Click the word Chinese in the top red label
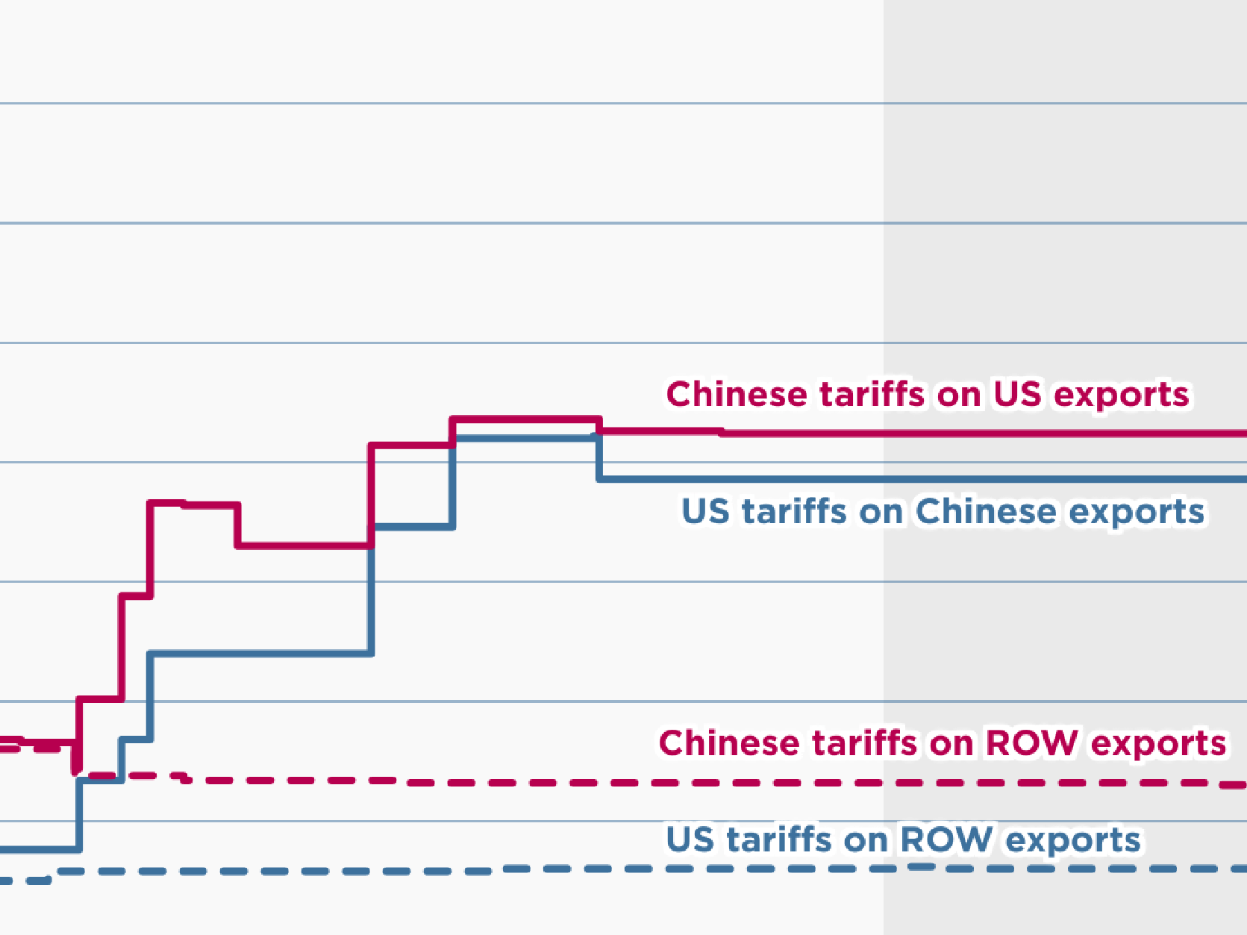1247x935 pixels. tap(736, 394)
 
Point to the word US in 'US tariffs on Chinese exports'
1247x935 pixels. tap(705, 512)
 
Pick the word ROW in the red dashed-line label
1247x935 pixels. tap(1031, 743)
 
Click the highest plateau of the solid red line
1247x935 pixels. tap(526, 420)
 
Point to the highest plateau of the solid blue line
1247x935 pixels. tap(526, 438)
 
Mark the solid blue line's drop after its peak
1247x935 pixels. tap(599, 459)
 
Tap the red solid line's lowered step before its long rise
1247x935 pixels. tap(302, 546)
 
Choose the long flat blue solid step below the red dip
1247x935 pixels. tap(261, 654)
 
